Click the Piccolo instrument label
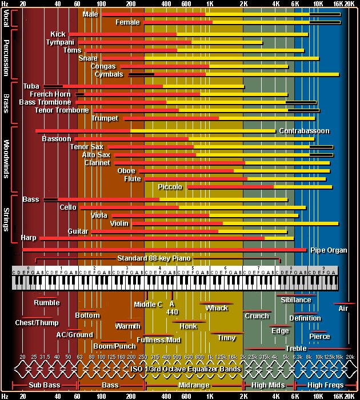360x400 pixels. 170,187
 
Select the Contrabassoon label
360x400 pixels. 304,131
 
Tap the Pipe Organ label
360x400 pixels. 329,250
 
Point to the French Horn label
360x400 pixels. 50,94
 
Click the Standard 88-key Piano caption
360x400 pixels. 154,258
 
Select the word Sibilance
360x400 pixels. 296,300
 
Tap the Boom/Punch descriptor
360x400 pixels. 115,346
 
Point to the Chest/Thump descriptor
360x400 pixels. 37,323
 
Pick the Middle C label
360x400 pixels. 148,305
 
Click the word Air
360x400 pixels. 343,309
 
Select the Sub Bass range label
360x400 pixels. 44,386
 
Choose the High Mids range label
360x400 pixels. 269,386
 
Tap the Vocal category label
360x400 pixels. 6,20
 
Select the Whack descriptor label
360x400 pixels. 217,308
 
